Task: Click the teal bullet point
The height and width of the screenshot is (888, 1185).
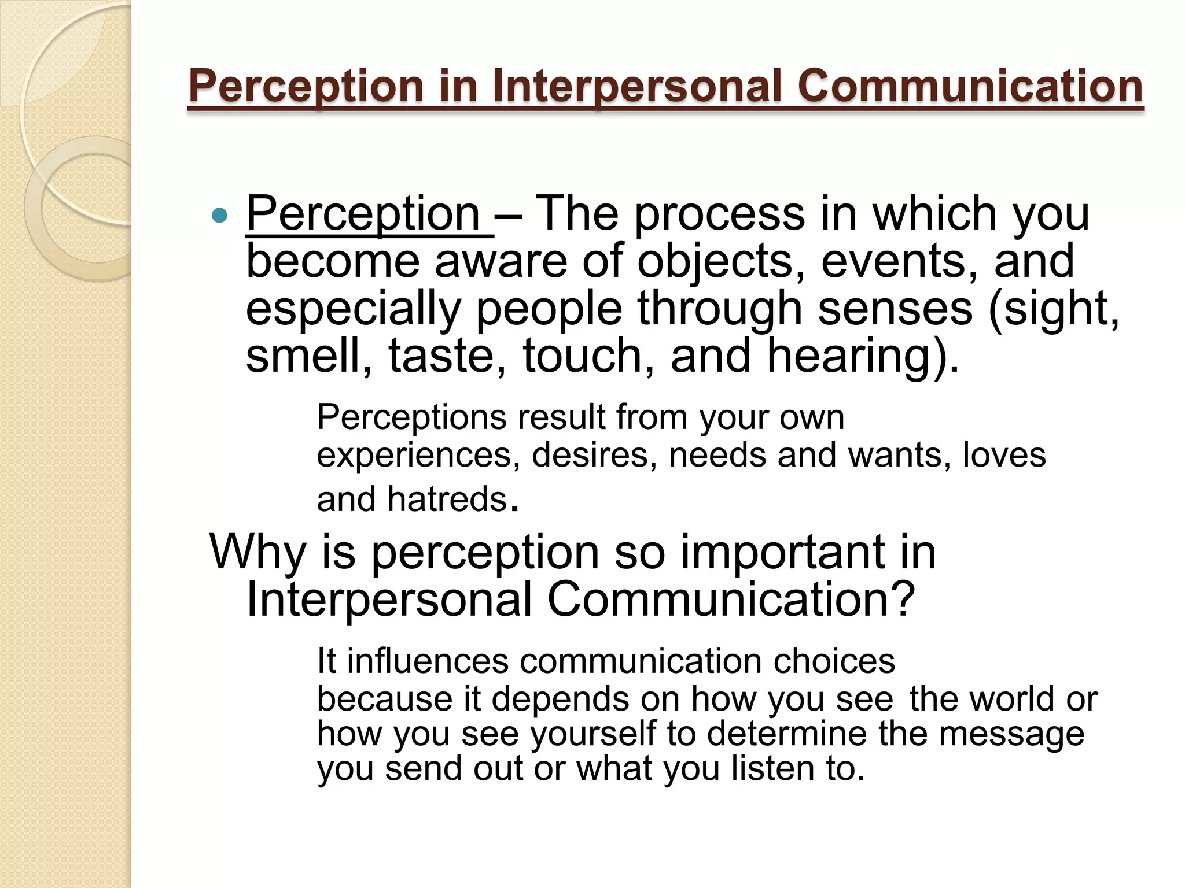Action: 220,216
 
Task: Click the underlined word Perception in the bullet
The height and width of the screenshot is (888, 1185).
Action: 363,214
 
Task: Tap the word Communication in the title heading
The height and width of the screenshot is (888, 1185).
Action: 970,86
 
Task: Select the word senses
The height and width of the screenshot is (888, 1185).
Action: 895,309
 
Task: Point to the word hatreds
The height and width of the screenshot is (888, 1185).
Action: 447,499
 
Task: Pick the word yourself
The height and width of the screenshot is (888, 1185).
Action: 593,734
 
